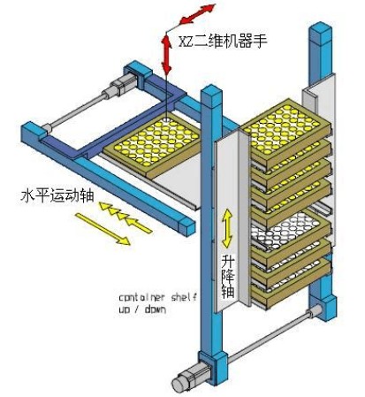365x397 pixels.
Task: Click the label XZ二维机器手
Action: click(x=223, y=42)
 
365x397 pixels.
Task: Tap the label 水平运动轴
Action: click(x=57, y=195)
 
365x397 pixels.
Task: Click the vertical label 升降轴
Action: click(x=228, y=277)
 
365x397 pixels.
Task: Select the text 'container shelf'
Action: click(x=157, y=297)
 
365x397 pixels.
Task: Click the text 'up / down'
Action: click(x=142, y=309)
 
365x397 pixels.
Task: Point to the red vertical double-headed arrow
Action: click(x=167, y=54)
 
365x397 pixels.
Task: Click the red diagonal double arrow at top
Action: click(x=197, y=13)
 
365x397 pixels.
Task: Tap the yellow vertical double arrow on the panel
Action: click(x=227, y=228)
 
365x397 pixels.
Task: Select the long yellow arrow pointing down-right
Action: click(x=103, y=229)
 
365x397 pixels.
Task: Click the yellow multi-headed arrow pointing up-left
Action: click(x=125, y=218)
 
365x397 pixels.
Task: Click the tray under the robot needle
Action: click(x=153, y=146)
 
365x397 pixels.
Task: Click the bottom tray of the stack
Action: click(x=290, y=287)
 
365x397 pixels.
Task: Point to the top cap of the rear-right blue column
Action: click(x=321, y=30)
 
